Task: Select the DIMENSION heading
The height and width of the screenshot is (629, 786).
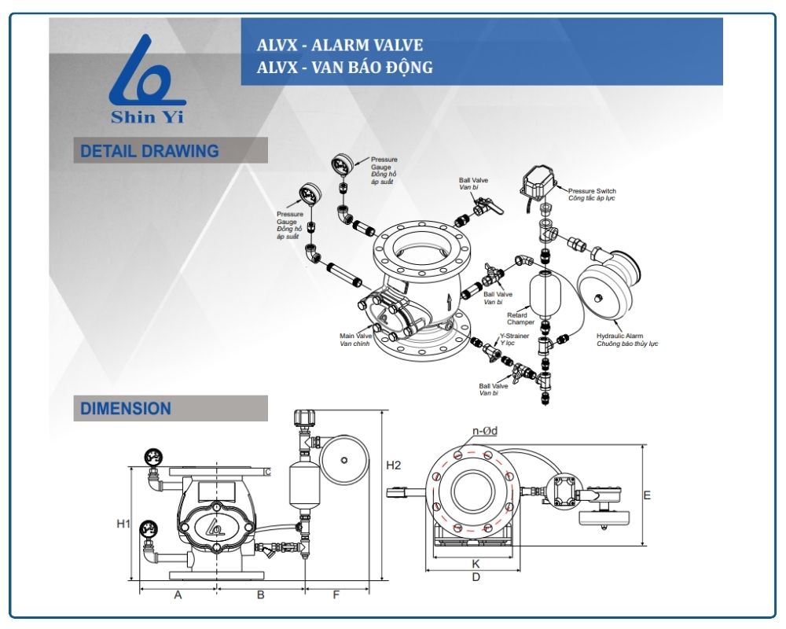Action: (x=126, y=409)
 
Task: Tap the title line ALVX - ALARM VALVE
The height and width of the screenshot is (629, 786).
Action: (x=340, y=46)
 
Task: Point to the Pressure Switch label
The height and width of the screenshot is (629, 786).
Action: (x=592, y=191)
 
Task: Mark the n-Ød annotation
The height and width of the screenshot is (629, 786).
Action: (x=485, y=431)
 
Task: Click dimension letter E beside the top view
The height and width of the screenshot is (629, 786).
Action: (x=647, y=495)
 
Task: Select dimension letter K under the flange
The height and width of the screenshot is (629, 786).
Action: (x=476, y=564)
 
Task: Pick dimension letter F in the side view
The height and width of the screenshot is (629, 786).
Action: (x=336, y=595)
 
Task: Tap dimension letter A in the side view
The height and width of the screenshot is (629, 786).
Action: (x=178, y=595)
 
